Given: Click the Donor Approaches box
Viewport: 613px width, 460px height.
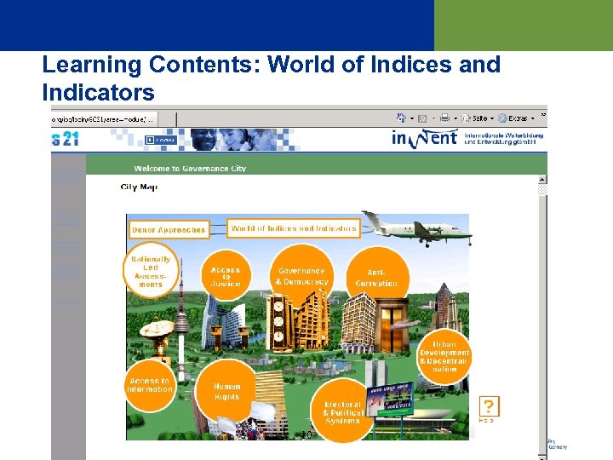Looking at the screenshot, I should pos(169,229).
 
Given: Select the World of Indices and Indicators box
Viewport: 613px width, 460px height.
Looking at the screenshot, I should pos(294,228).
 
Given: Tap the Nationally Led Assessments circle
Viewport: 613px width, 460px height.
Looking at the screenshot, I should pos(151,271).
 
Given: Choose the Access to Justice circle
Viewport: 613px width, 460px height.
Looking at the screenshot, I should pos(226,274).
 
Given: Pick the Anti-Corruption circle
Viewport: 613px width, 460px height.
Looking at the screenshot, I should pos(376,278).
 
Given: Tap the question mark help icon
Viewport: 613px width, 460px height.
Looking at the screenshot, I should pos(489,406).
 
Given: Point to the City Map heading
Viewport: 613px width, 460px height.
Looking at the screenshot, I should pos(139,187).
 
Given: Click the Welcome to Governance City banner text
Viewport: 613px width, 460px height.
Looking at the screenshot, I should pos(190,169).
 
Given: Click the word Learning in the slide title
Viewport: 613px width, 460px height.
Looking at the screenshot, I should pos(91,65).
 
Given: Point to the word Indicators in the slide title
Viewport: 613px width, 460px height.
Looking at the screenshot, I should pos(99,91).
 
